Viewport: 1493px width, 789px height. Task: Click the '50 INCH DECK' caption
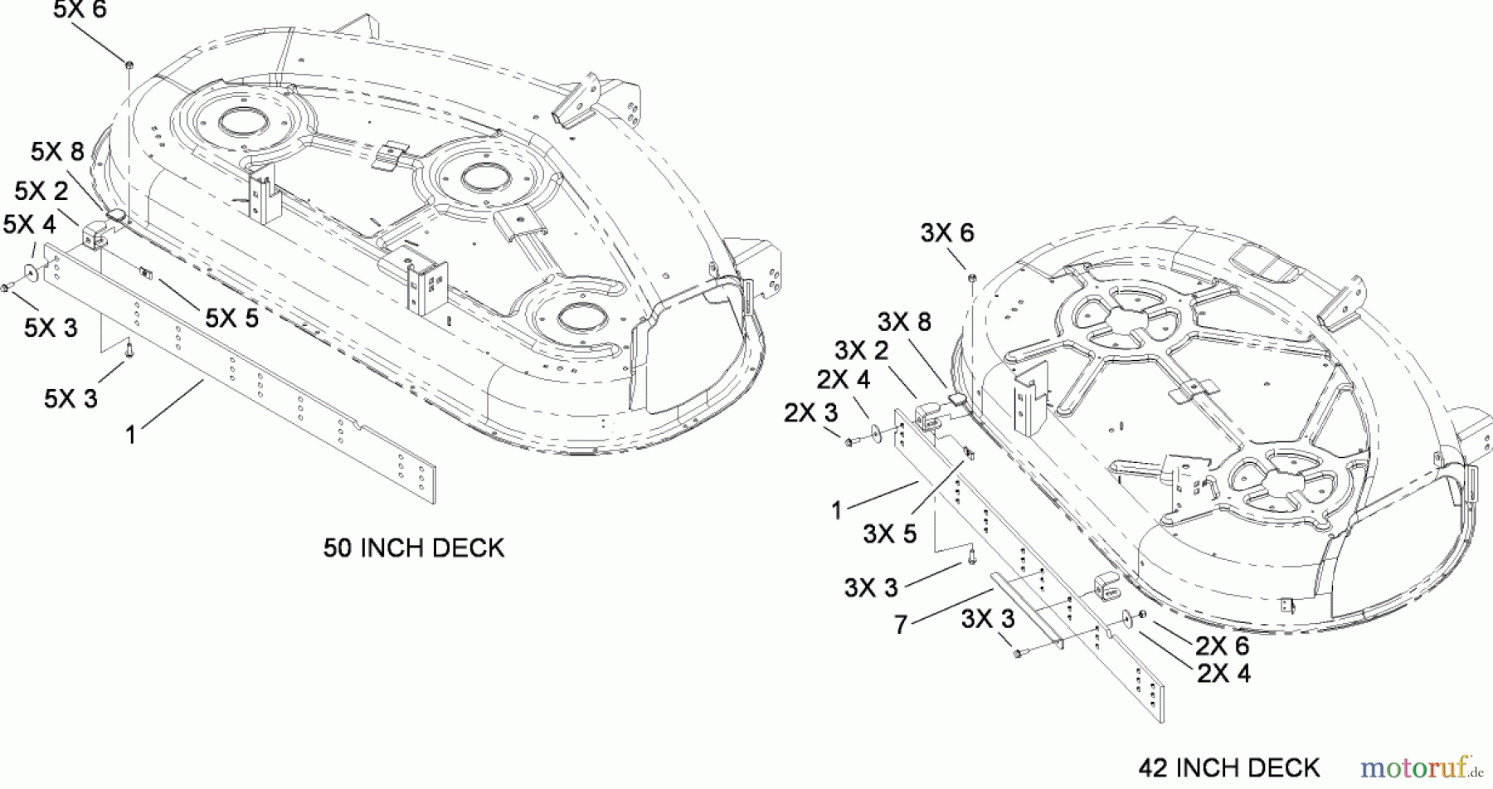(x=413, y=548)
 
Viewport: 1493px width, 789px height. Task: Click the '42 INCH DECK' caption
(x=1228, y=767)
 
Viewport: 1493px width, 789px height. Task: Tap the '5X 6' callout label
(x=80, y=11)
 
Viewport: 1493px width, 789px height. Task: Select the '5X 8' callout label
(x=57, y=152)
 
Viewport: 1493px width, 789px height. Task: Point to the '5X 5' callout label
(x=231, y=318)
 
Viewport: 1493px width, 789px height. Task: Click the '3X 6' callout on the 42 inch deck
(x=947, y=233)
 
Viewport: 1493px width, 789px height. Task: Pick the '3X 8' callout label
(x=904, y=322)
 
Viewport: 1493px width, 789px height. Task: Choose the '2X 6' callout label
(x=1222, y=645)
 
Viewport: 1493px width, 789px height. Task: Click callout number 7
(x=901, y=625)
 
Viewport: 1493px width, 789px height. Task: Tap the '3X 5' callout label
(x=889, y=533)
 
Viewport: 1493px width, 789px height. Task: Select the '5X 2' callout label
(x=41, y=191)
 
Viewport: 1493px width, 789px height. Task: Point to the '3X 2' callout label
(x=861, y=350)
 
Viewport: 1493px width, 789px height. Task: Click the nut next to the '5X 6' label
(x=130, y=64)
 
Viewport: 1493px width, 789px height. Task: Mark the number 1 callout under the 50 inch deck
(x=129, y=435)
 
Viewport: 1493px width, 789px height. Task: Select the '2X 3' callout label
(x=810, y=412)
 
